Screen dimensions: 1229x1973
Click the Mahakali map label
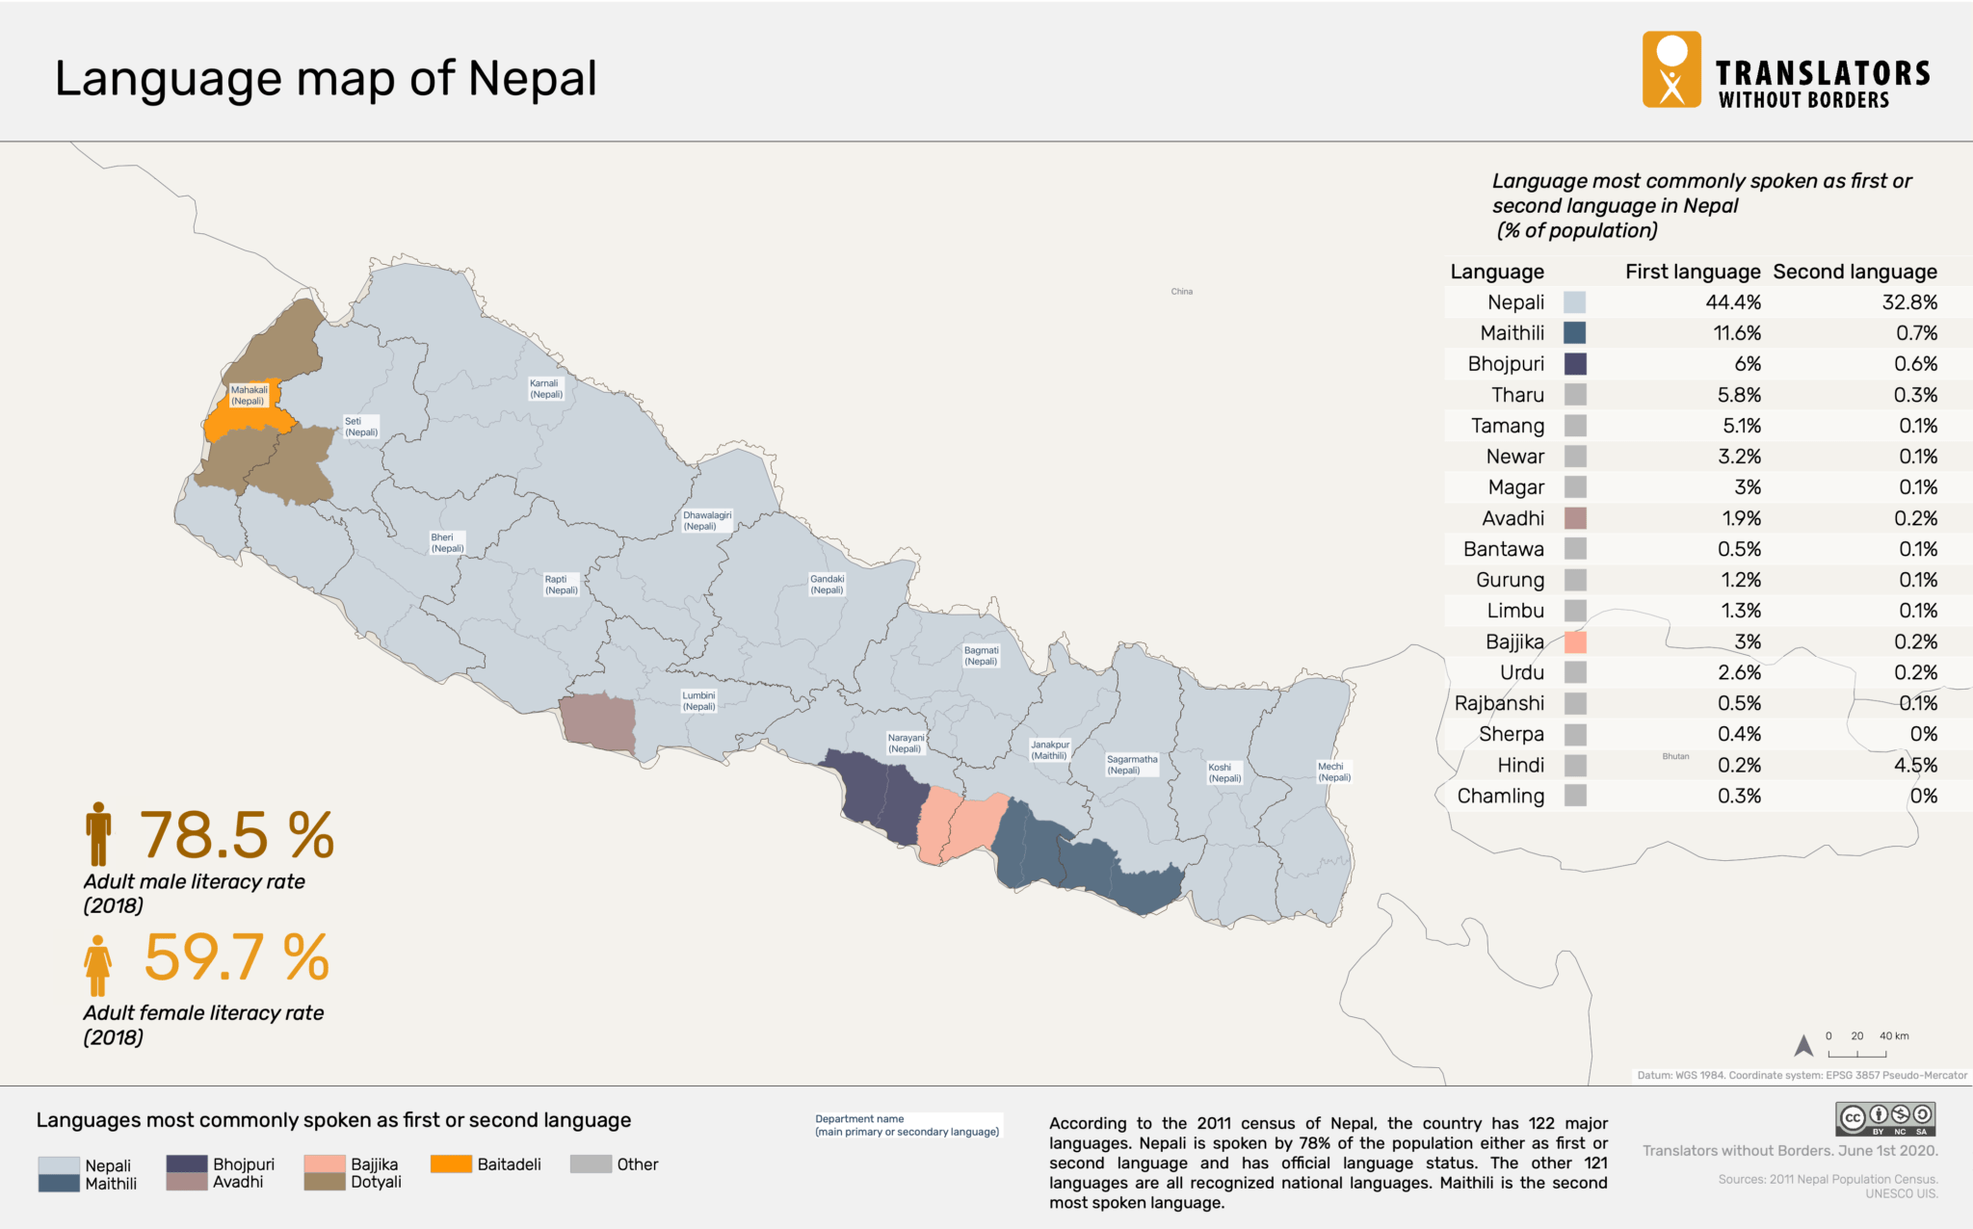click(249, 396)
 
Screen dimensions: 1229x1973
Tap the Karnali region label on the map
click(546, 389)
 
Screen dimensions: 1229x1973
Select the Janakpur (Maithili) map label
click(1050, 750)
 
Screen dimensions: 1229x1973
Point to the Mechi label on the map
click(1334, 771)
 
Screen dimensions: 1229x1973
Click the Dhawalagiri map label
click(707, 521)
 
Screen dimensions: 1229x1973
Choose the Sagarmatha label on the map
click(1132, 765)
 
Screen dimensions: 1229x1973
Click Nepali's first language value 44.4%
click(1732, 302)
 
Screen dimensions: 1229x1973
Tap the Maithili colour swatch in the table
click(1574, 333)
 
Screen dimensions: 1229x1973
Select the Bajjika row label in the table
click(1514, 642)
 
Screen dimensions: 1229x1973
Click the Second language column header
click(1855, 272)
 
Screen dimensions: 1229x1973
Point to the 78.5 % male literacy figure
click(237, 835)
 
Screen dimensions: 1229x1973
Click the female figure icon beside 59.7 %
click(97, 966)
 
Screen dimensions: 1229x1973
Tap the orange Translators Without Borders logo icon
click(1671, 69)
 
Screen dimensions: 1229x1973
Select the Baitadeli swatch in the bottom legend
click(451, 1164)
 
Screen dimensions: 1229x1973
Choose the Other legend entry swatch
click(591, 1164)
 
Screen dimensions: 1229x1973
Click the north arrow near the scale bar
click(1803, 1045)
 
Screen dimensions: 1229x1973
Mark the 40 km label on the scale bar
click(1893, 1036)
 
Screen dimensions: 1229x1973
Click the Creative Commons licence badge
click(1885, 1119)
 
